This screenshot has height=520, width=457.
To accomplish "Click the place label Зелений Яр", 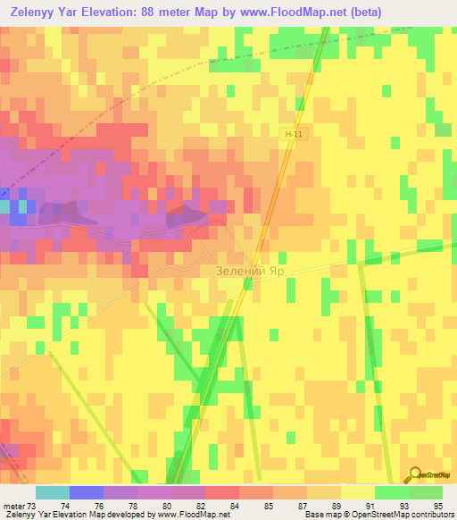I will (x=254, y=270).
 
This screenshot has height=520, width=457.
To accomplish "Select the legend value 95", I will (x=437, y=505).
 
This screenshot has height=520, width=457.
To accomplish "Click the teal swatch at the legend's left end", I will (x=53, y=492).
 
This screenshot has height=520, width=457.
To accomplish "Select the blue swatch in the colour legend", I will (x=87, y=492).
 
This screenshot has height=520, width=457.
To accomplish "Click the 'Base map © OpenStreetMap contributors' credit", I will (x=379, y=515).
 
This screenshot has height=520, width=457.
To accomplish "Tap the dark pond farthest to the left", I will (x=73, y=213).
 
